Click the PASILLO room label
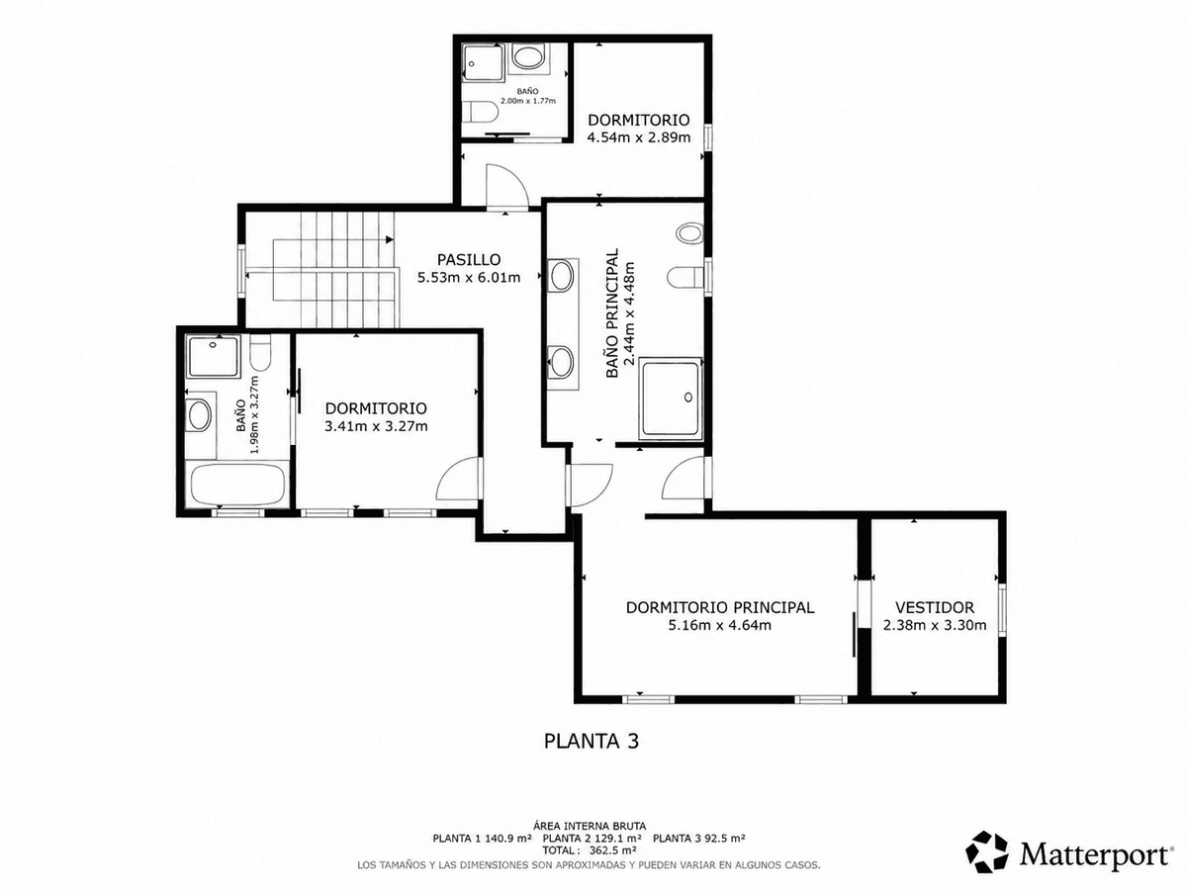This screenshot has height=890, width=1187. pos(468,260)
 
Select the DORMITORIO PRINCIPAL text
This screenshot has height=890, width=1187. pos(720,607)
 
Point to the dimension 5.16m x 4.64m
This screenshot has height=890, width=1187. pos(720,625)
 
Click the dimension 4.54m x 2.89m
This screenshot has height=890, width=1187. pos(639,137)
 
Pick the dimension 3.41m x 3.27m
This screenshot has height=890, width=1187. pos(376,426)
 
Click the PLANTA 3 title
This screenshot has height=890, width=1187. pos(592,741)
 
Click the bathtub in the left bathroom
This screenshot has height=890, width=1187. pos(238,485)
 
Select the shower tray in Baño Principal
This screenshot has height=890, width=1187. pos(671,399)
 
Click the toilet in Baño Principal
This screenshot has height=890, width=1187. pos(685,278)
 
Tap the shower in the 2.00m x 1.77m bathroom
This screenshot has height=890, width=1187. pos(483,62)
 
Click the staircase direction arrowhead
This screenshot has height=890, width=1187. pos(390,239)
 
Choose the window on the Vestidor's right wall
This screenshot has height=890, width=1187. pos(1002,607)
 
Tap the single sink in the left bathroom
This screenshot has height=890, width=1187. pos(199,415)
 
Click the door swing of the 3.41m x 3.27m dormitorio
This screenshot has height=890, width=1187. pos(458,479)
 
